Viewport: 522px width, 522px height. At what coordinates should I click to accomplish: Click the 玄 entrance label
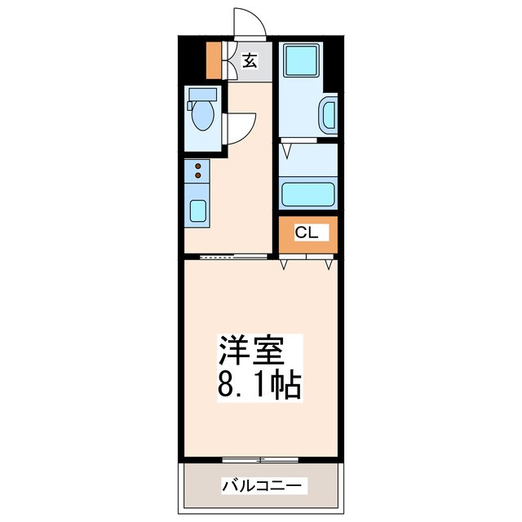tap(248, 60)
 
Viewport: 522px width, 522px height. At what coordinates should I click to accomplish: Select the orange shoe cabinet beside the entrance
tap(214, 60)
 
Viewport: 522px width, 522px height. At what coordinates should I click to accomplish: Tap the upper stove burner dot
tap(197, 166)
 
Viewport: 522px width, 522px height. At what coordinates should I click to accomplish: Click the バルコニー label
tap(263, 486)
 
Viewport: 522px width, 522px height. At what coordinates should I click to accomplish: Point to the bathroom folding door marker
tap(287, 148)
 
